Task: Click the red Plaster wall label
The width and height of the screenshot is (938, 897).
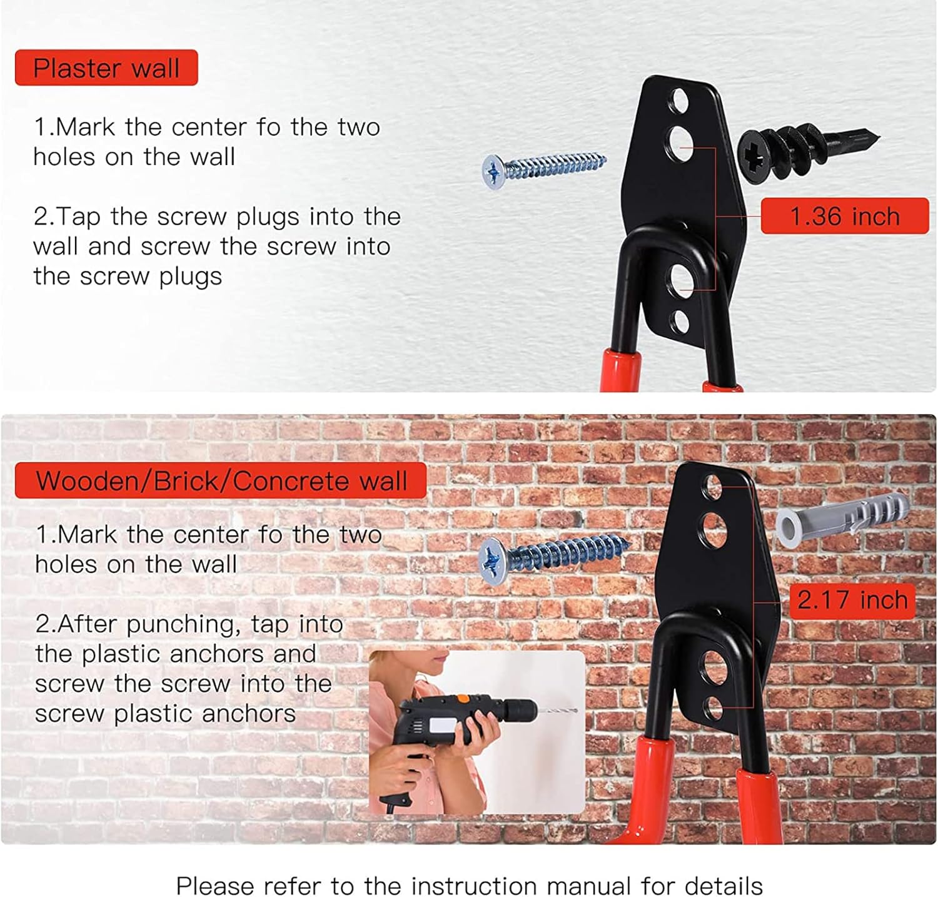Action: (x=106, y=68)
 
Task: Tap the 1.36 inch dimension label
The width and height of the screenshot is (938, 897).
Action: (x=845, y=216)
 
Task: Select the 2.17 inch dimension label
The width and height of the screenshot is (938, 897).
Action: (x=852, y=600)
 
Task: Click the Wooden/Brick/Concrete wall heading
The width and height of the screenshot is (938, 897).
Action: (x=221, y=480)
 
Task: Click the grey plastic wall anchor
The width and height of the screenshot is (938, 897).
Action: (x=841, y=517)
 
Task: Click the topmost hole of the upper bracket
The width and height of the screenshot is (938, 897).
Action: (x=678, y=101)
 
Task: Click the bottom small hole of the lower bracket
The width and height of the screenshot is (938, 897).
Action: (x=714, y=708)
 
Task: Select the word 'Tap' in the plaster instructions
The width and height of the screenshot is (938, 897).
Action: (x=79, y=217)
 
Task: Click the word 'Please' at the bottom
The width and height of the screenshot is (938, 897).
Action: (x=214, y=886)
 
